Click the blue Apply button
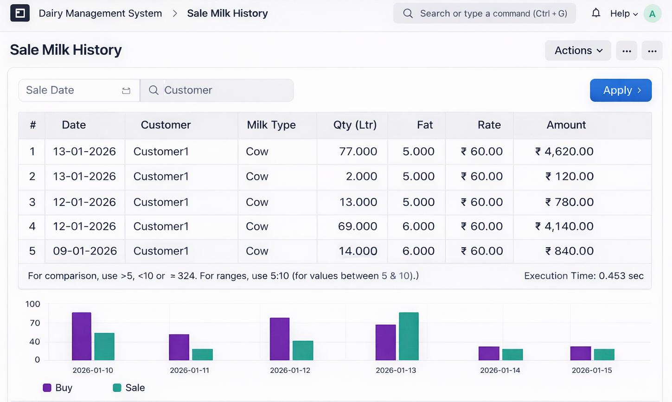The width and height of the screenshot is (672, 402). pos(621,90)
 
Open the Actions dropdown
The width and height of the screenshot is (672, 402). pos(578,51)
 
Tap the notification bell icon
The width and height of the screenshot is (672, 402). pos(596,13)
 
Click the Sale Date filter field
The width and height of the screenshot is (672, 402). pos(79,90)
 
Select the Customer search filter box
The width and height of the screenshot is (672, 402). pos(217,90)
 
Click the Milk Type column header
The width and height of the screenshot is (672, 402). pos(271,125)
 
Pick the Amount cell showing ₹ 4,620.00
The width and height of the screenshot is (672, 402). pos(564,152)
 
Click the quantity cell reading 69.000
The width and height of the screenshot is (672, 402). pos(357,226)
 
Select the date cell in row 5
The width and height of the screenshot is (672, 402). pos(85,251)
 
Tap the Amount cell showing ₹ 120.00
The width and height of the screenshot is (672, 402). pos(569,176)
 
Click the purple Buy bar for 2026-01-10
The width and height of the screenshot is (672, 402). pos(82,336)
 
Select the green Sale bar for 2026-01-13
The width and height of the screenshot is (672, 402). pos(409,336)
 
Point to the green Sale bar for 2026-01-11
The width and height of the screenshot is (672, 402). pos(203,354)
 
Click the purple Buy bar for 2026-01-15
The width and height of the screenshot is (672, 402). pos(581,353)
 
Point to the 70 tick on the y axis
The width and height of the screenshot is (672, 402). pos(35,323)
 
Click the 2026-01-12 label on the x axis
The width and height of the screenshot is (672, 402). pos(290,370)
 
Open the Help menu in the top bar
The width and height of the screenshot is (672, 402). pos(624,13)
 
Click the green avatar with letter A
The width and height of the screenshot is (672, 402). pos(652,14)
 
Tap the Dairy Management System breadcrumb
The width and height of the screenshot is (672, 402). pos(100,13)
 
